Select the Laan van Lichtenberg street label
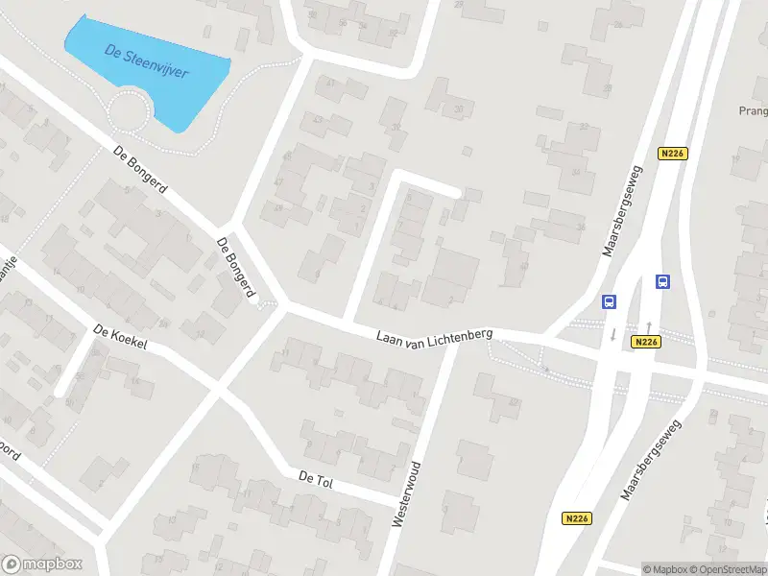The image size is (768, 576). [x=435, y=335]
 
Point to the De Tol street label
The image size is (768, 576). [x=315, y=478]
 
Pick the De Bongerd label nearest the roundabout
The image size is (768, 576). [x=140, y=169]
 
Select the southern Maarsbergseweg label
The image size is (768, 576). [x=650, y=461]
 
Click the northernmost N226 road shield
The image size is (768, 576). [x=672, y=154]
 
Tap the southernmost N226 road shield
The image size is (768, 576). [x=577, y=518]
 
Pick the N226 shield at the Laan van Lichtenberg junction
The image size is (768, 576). [x=646, y=342]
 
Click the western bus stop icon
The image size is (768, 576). [x=609, y=301]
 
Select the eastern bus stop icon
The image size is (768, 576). [x=661, y=281]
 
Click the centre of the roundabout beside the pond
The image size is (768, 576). [x=130, y=115]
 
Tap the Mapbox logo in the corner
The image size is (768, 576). [x=42, y=564]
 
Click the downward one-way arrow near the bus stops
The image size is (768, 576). [x=613, y=334]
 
